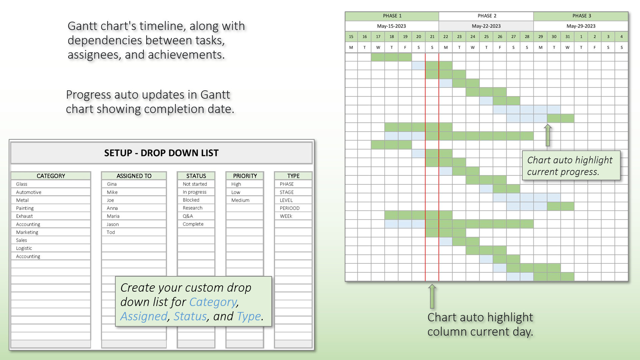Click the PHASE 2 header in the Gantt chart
coord(487,16)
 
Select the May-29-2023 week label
coord(581,26)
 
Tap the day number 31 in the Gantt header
coord(567,37)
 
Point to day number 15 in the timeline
coord(351,37)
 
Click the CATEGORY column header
coord(51,176)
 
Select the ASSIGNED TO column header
coord(134,176)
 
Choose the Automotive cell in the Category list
coord(29,192)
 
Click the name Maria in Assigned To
coord(113,216)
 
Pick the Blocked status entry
coord(191,200)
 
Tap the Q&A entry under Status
coord(188,216)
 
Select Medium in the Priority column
coord(240,200)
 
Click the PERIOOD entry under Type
coord(290,208)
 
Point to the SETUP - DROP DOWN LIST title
coord(161,153)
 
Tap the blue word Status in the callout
coord(190,316)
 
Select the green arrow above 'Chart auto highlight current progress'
coord(548,135)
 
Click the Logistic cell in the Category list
coord(24,248)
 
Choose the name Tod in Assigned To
coord(111,232)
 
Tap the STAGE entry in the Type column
coord(287,192)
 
